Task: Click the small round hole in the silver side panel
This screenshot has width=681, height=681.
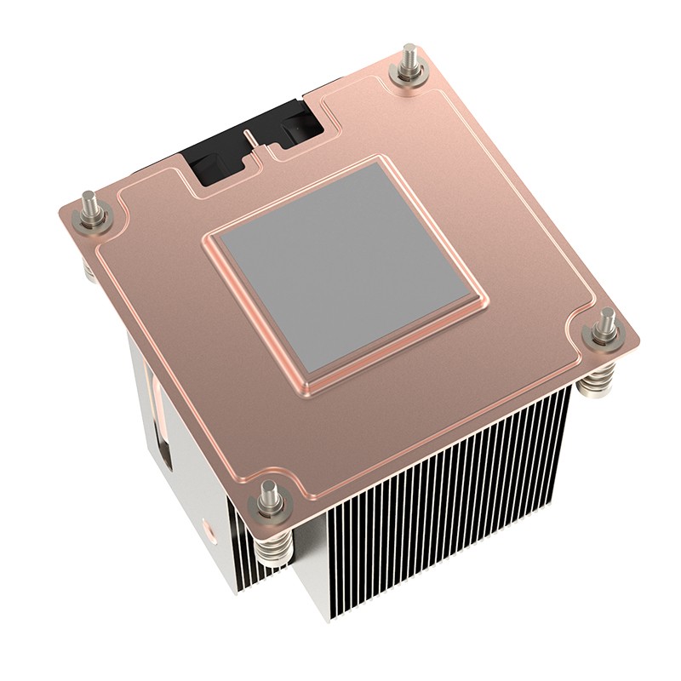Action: pos(208,539)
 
